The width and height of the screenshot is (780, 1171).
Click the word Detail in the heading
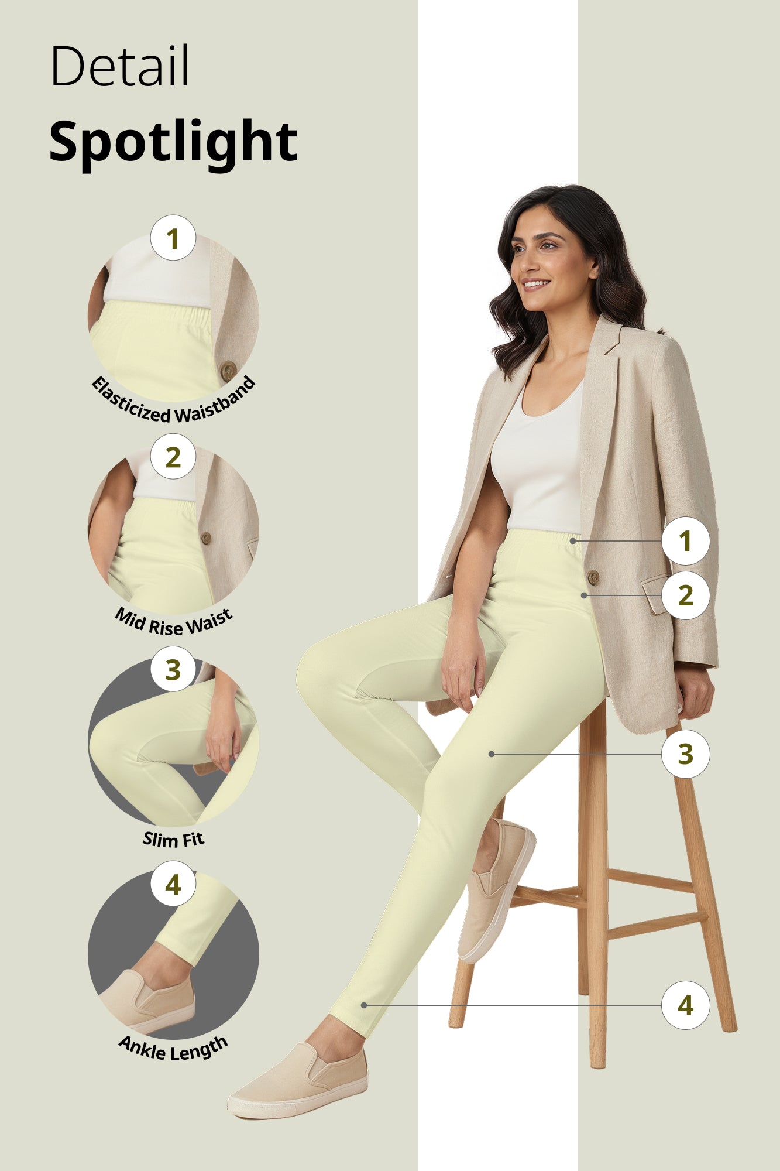point(120,66)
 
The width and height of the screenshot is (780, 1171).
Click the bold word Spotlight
point(173,142)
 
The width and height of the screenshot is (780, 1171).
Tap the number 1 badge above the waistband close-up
point(173,238)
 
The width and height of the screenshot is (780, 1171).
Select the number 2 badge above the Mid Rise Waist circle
point(173,457)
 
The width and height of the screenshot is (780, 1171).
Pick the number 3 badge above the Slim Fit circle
point(173,669)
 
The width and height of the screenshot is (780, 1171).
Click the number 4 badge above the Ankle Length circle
point(173,884)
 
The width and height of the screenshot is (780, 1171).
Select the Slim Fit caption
point(173,840)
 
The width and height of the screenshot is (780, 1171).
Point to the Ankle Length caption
point(173,1050)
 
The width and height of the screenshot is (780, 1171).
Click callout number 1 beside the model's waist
point(685,541)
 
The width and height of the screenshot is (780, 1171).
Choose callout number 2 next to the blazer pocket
point(685,595)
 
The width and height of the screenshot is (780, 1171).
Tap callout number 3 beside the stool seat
point(685,754)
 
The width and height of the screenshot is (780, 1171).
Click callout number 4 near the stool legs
point(685,1005)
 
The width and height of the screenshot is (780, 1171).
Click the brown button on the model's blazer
point(593,578)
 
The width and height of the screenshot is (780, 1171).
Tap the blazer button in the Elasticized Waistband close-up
point(228,370)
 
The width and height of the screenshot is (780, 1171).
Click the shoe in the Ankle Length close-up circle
point(149,1001)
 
